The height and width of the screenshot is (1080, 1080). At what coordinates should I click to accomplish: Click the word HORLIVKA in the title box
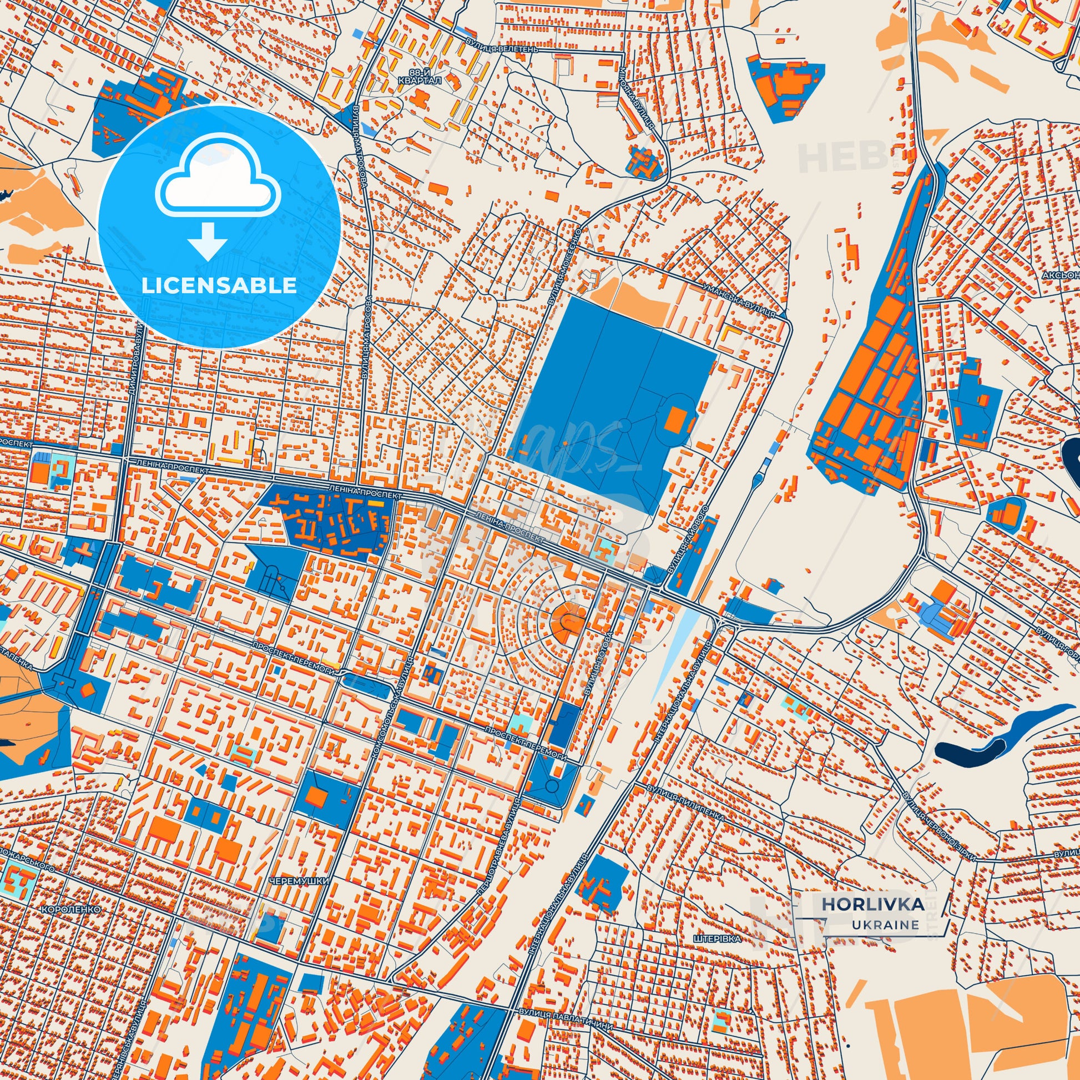pos(872,904)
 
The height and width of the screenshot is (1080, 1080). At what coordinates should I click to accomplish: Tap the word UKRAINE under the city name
pos(885,925)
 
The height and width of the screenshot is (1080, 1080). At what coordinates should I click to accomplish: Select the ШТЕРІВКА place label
pos(717,938)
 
